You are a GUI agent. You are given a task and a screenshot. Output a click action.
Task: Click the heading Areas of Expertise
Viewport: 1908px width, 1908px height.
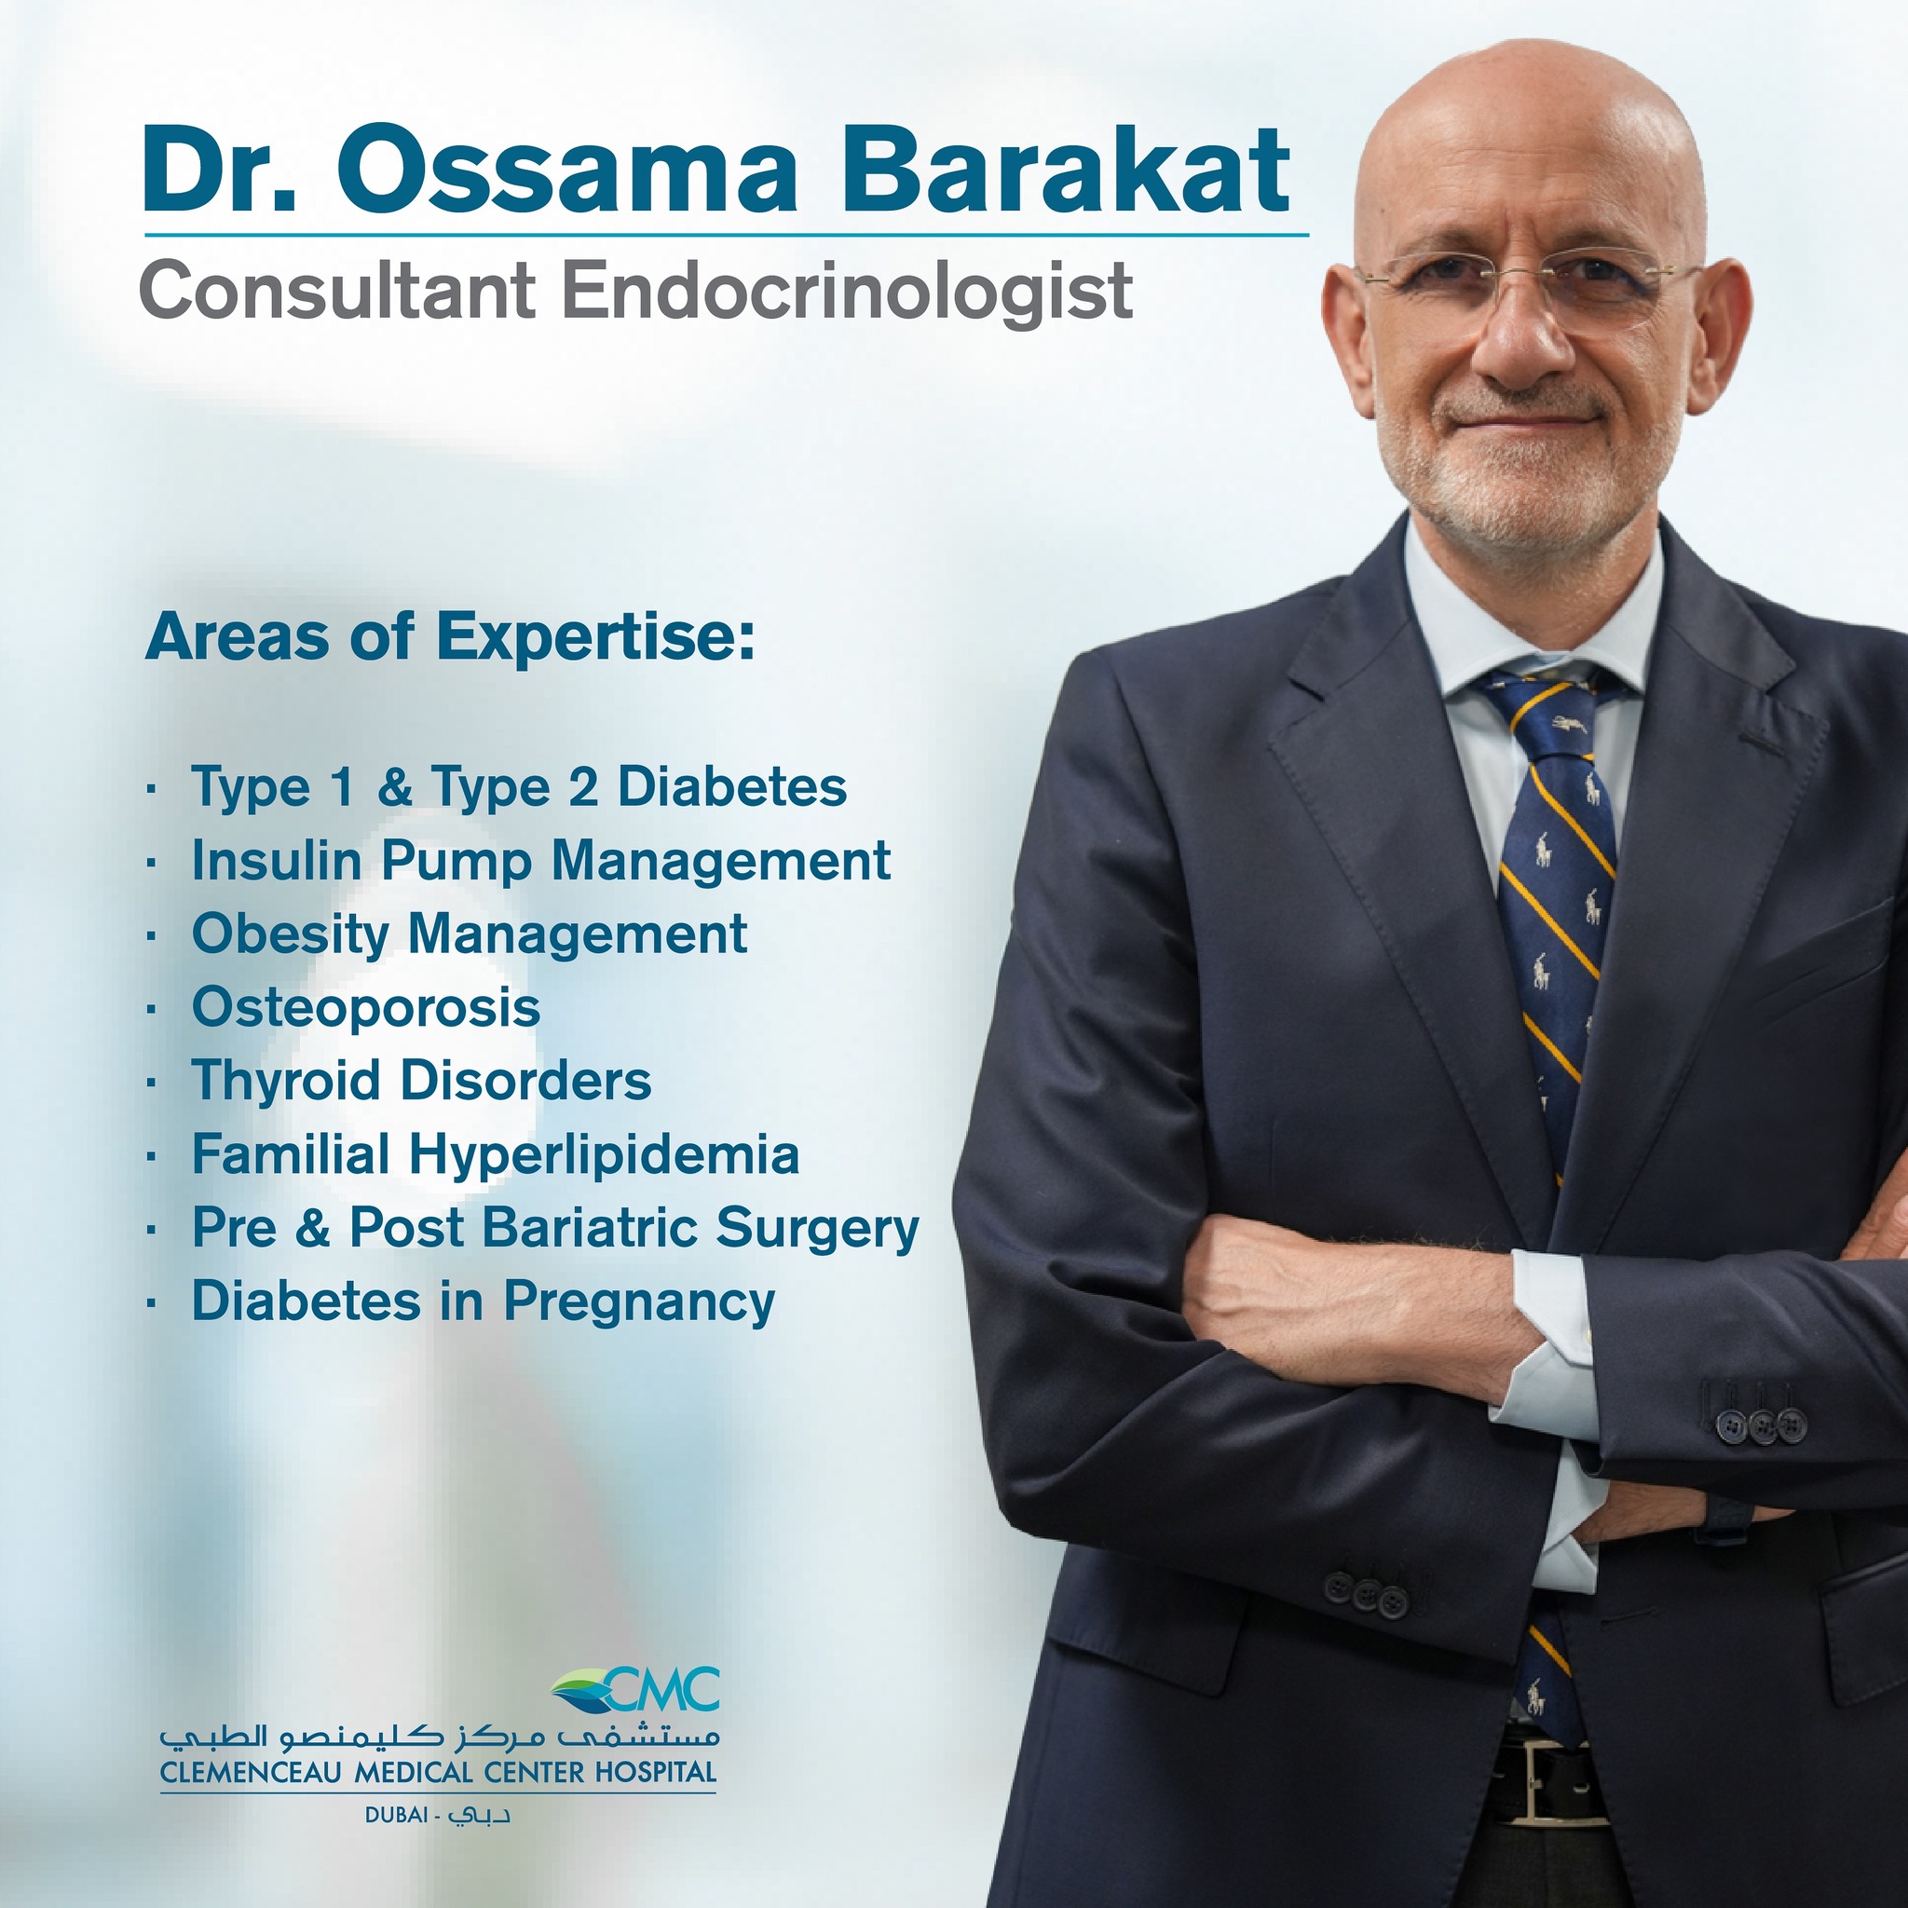pos(449,637)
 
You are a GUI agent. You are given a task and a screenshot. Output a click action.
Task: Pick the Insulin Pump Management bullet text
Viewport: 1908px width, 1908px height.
pos(541,861)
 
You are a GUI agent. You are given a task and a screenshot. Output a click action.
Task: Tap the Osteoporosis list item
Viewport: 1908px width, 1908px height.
pos(366,1007)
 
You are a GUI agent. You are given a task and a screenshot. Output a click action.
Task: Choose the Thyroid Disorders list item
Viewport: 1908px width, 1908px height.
pos(422,1081)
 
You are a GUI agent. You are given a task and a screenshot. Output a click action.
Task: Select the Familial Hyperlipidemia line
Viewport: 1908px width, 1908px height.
pos(496,1154)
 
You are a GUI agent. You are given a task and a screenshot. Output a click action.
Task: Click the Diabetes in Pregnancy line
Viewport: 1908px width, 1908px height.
pos(484,1302)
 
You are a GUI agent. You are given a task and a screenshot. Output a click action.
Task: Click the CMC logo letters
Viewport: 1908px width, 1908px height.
pos(663,1690)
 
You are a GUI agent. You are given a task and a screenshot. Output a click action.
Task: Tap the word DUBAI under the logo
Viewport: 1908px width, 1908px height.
pos(396,1815)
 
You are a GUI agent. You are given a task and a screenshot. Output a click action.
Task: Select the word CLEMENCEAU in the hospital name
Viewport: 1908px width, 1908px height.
pos(252,1773)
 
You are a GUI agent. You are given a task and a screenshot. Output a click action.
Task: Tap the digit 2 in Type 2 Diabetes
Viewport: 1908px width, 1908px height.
pos(582,788)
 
